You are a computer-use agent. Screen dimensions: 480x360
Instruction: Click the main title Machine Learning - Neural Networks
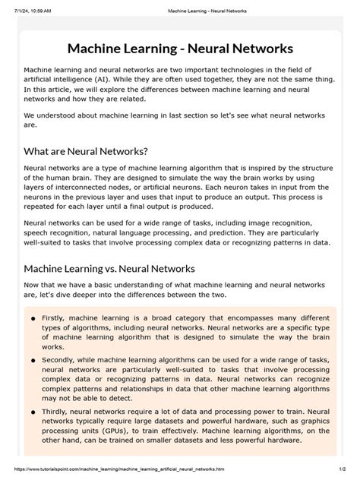(180, 49)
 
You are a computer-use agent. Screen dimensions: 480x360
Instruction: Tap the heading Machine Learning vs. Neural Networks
(109, 268)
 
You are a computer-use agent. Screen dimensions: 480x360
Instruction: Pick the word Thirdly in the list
(58, 412)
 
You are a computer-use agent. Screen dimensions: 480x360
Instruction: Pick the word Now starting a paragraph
(34, 284)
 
